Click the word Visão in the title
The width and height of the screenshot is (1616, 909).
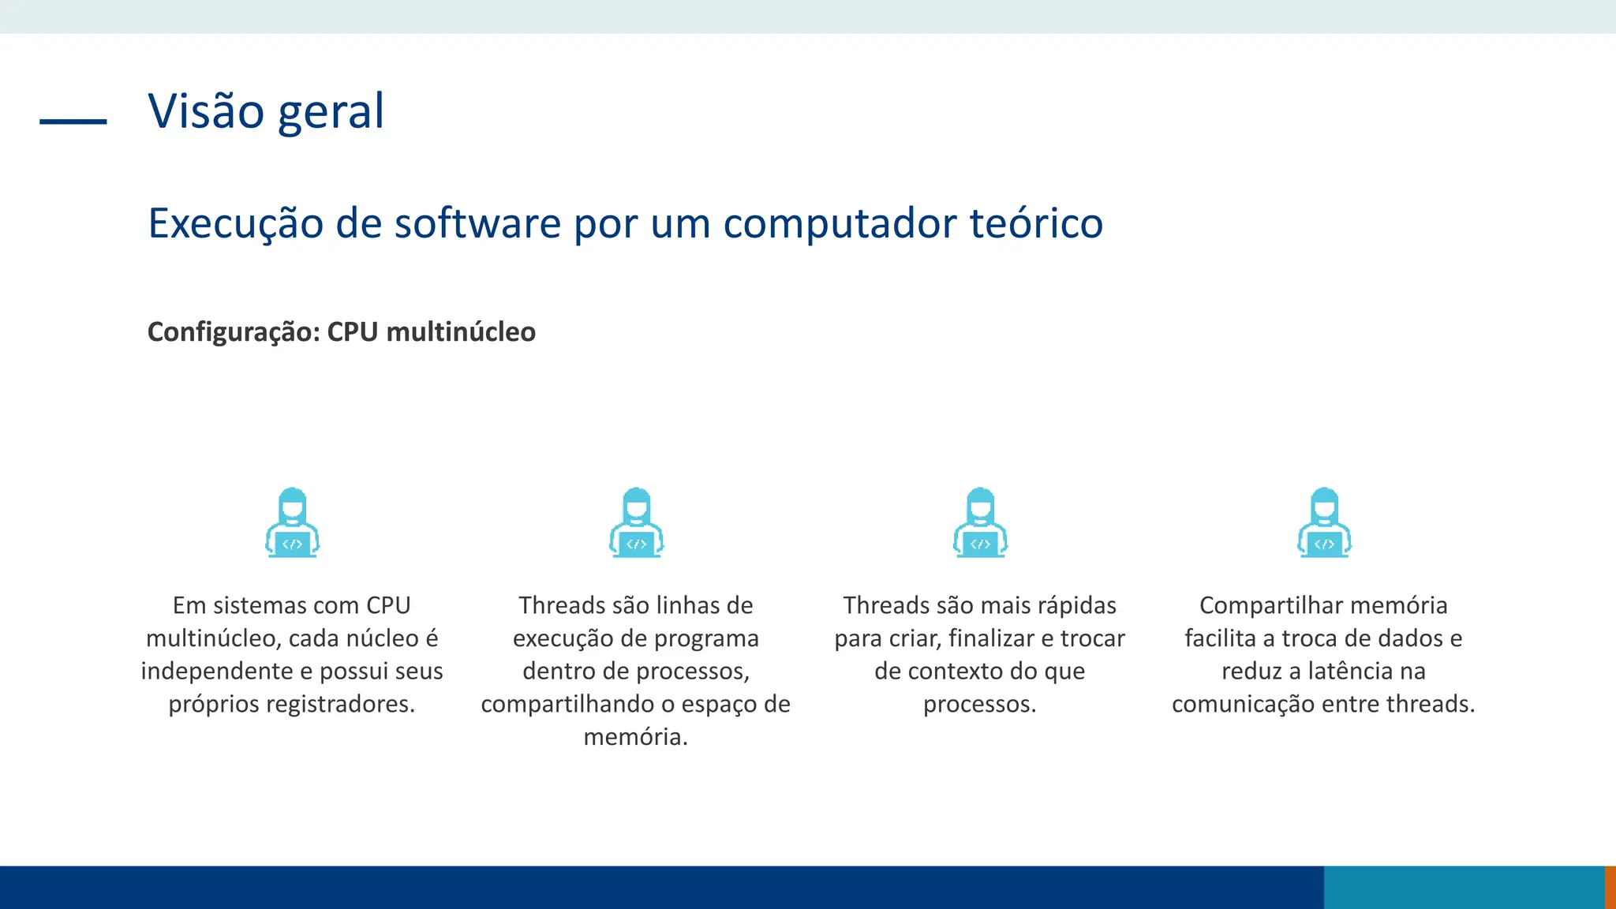click(205, 111)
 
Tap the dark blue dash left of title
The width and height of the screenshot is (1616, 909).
click(73, 122)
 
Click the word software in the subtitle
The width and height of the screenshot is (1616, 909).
click(477, 223)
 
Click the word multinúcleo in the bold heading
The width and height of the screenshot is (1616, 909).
click(461, 332)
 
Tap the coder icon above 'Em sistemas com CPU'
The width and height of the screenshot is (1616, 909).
click(292, 523)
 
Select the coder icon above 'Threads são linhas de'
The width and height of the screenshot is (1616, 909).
click(636, 523)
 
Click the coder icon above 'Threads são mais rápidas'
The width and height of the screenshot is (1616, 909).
click(980, 523)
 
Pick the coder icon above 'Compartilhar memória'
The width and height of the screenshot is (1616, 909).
click(1324, 523)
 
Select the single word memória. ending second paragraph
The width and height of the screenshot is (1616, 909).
click(636, 737)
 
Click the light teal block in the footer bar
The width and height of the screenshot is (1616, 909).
click(1464, 887)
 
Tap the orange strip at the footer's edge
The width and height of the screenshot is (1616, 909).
click(1610, 887)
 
